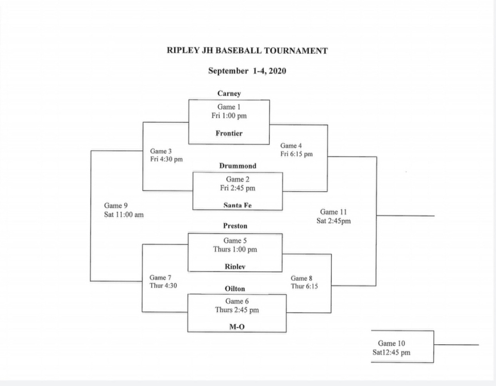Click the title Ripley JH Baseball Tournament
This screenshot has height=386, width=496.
click(247, 50)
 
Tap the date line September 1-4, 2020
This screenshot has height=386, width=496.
click(247, 71)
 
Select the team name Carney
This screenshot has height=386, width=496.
click(229, 94)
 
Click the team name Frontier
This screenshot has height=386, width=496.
click(229, 133)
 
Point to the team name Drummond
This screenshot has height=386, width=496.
click(237, 166)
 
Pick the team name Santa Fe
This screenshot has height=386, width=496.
click(237, 205)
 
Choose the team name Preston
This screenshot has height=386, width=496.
click(235, 226)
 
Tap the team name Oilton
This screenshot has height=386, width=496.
click(235, 289)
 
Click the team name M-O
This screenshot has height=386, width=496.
click(237, 327)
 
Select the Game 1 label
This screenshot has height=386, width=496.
click(229, 107)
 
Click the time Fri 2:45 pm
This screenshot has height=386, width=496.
click(237, 188)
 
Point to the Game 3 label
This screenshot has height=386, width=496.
click(161, 151)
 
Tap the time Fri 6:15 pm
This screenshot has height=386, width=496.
click(296, 154)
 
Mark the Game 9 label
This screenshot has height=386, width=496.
click(116, 206)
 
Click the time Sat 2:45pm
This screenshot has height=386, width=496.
click(333, 221)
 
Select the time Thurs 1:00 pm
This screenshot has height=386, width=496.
click(235, 250)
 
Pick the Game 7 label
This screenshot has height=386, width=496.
click(160, 278)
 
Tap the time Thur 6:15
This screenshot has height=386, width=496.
click(304, 286)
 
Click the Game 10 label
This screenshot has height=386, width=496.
click(391, 343)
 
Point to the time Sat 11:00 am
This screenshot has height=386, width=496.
click(124, 215)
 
